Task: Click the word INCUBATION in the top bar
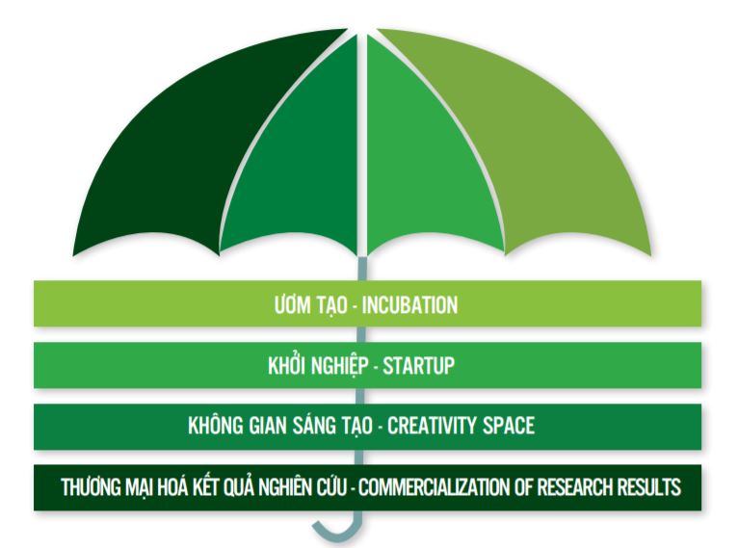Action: point(409,304)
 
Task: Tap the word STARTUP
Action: point(418,365)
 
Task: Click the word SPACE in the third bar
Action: point(510,426)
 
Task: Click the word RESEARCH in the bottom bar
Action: point(575,487)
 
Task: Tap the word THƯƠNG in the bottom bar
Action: point(91,487)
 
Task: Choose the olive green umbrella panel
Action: point(522,142)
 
